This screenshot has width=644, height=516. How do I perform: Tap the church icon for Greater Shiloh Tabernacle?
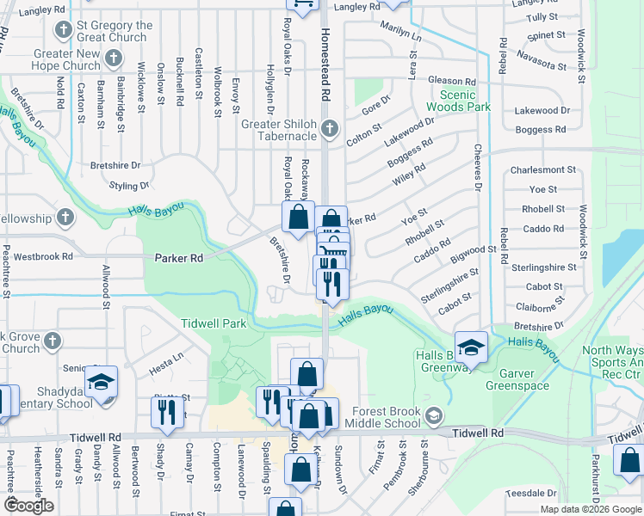(x=329, y=131)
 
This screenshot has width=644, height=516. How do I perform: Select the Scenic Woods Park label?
(x=464, y=101)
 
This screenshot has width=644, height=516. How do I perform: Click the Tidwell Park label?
(x=214, y=323)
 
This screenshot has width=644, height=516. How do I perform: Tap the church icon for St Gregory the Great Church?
(x=63, y=31)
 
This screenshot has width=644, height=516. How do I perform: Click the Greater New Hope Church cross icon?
(x=113, y=59)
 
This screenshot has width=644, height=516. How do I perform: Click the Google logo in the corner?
(x=28, y=506)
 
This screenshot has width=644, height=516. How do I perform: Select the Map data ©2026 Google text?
(x=591, y=508)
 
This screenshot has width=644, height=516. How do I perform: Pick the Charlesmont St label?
(x=542, y=170)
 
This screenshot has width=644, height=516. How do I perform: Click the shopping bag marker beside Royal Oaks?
(x=298, y=218)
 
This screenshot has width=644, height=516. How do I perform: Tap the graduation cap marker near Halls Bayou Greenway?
(x=471, y=347)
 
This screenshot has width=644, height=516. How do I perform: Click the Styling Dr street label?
(x=129, y=185)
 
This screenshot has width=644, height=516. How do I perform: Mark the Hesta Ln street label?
(x=167, y=355)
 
